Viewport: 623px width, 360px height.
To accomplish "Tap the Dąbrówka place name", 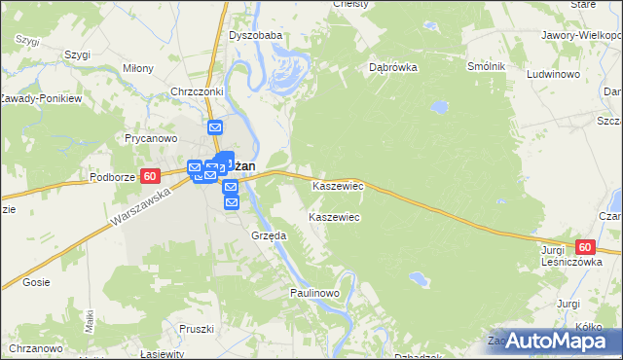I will tap(393, 68).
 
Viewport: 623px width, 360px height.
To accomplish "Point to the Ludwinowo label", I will tap(553, 74).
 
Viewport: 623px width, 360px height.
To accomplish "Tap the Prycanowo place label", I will tap(149, 138).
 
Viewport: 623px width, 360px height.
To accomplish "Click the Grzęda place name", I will tap(269, 235).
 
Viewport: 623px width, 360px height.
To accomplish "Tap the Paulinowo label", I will tap(313, 293).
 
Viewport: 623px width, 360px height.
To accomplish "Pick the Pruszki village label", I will tap(197, 329).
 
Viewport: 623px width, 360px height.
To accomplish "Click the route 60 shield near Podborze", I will tap(149, 176).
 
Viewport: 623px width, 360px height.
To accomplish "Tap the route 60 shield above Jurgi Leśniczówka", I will tap(584, 248).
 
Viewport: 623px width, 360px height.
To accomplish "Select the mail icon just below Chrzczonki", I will tap(215, 127).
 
